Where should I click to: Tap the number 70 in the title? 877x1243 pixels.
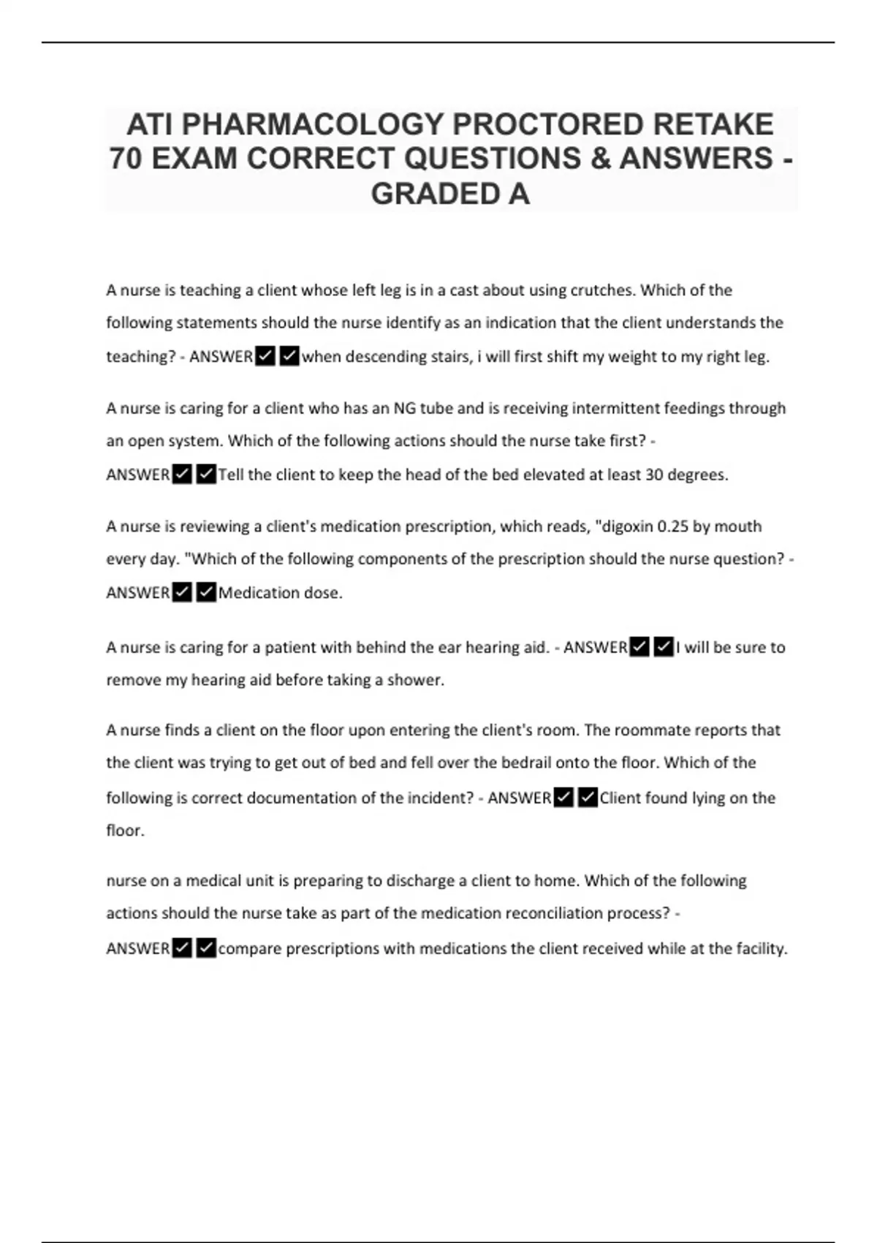pyautogui.click(x=126, y=159)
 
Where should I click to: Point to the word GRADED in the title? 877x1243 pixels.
pyautogui.click(x=424, y=194)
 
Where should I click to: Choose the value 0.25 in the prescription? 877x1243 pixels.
pyautogui.click(x=673, y=526)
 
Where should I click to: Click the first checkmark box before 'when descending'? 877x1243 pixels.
pyautogui.click(x=265, y=357)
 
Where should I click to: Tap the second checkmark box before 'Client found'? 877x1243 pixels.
pyautogui.click(x=588, y=798)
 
